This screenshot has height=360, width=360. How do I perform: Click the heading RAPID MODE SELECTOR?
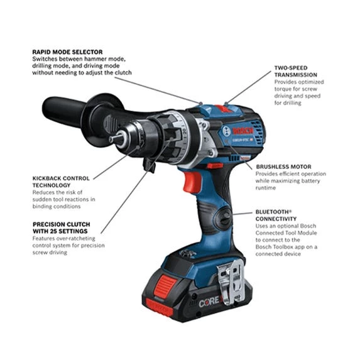tap(67, 52)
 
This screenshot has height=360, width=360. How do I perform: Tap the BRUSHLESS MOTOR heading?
tap(283, 166)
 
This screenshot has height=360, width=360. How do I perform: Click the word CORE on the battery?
tap(209, 302)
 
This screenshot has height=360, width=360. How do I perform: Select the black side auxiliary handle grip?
tap(63, 112)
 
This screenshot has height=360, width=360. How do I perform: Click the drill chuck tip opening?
tap(114, 139)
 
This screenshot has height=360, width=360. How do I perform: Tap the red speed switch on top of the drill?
tap(224, 107)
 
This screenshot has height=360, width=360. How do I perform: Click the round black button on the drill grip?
tap(222, 219)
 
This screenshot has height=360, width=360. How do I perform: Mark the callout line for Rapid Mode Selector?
tap(157, 88)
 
